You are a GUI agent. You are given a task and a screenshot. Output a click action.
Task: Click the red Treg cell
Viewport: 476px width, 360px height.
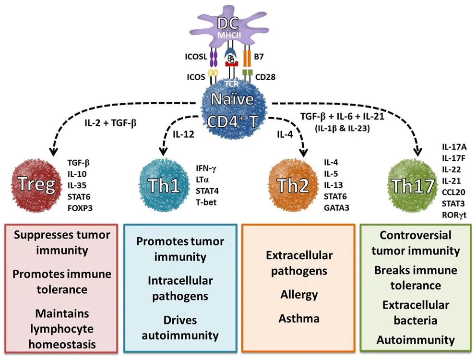(x=37, y=185)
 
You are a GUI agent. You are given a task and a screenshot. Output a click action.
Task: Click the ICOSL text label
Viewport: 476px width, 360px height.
(x=196, y=57)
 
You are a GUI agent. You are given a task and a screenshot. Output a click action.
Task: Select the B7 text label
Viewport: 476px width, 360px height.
(x=259, y=57)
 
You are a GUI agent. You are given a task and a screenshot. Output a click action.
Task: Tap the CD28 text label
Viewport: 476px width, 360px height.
(x=265, y=77)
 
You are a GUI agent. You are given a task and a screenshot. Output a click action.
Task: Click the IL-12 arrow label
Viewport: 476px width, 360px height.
(x=183, y=134)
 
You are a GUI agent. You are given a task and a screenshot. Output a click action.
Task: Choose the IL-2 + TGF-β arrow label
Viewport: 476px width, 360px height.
(x=110, y=123)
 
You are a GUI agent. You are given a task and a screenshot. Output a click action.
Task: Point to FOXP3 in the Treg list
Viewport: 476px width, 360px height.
(x=80, y=208)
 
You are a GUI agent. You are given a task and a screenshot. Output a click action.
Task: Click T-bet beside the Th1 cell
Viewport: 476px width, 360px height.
(x=206, y=203)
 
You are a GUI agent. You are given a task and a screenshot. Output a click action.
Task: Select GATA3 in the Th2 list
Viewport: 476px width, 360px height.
(x=337, y=208)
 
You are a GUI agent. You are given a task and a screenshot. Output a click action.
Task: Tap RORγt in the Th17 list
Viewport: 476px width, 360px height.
(x=454, y=215)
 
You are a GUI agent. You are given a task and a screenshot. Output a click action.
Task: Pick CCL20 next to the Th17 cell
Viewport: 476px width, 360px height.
(x=453, y=192)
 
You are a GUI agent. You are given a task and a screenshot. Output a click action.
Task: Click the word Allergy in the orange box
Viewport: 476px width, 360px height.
(x=299, y=295)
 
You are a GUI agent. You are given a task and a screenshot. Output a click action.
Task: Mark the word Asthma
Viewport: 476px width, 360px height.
(x=299, y=318)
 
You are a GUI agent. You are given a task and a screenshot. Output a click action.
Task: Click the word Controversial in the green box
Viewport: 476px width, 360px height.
(x=415, y=235)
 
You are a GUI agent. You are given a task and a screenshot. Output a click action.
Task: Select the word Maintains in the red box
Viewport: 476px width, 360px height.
(x=62, y=313)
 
